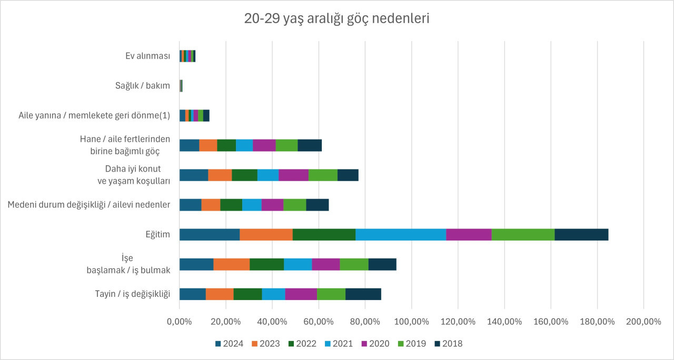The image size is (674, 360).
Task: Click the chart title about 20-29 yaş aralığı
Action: click(337, 19)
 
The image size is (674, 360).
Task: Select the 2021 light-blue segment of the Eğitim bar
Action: click(401, 235)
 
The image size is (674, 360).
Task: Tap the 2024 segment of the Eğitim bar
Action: click(210, 235)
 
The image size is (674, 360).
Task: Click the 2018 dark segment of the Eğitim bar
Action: click(581, 235)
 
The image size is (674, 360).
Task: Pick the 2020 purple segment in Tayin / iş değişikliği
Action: click(301, 294)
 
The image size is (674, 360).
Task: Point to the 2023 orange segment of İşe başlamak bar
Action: click(232, 265)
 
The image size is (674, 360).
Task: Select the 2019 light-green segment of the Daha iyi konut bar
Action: click(323, 175)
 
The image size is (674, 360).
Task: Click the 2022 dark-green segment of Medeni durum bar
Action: click(231, 205)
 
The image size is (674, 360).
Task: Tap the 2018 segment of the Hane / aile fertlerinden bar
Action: click(310, 146)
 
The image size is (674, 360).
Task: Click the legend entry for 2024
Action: click(229, 344)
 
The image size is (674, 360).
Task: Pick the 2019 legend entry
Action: click(412, 344)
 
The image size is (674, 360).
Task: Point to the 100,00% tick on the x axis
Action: click(412, 321)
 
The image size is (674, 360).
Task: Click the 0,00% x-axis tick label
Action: click(179, 321)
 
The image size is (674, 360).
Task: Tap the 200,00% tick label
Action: click(643, 321)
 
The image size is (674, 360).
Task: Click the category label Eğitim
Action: click(158, 235)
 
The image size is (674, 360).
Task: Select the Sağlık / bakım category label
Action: click(143, 85)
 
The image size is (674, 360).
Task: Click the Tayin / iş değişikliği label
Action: click(131, 294)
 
